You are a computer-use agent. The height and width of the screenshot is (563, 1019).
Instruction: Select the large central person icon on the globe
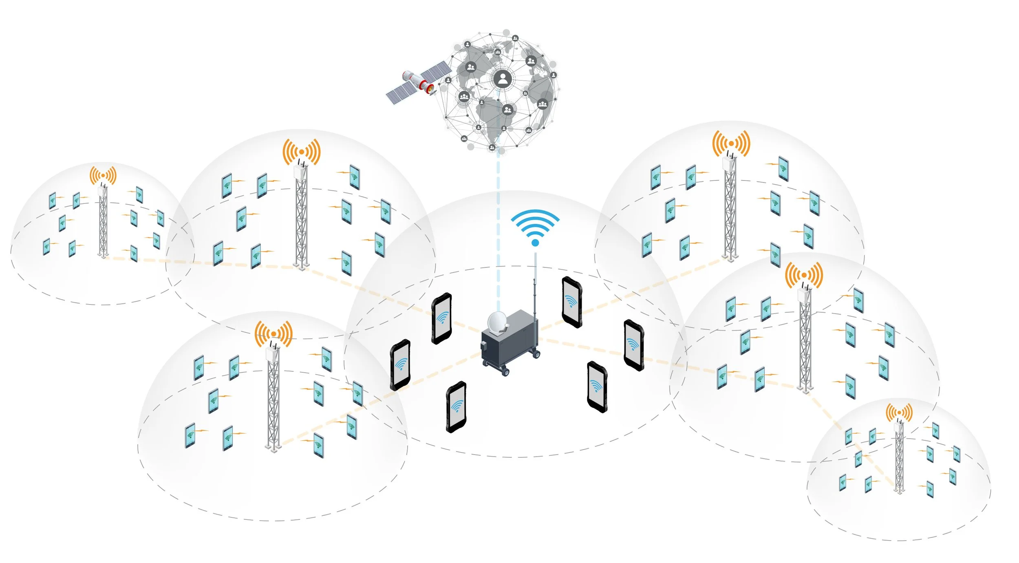tap(503, 79)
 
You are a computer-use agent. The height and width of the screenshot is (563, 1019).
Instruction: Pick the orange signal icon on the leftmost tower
tap(103, 176)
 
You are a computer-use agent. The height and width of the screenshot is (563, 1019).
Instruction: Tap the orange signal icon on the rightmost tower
tap(899, 413)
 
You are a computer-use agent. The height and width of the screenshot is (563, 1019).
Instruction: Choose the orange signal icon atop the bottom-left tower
tap(273, 334)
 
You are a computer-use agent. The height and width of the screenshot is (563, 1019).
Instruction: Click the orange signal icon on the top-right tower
tap(731, 144)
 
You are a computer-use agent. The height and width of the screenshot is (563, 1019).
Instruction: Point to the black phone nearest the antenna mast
tap(571, 302)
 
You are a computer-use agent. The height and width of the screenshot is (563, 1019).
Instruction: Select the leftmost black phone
tap(400, 365)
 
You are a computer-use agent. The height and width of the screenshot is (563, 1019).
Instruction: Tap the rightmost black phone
tap(634, 345)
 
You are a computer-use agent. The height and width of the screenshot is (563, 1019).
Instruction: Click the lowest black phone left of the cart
tap(456, 406)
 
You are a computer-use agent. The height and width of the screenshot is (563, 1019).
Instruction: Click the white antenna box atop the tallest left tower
tap(301, 171)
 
